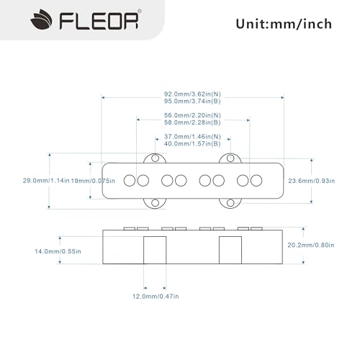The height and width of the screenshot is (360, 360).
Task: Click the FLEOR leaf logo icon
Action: [22, 22]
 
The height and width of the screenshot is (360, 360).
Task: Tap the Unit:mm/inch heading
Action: [283, 24]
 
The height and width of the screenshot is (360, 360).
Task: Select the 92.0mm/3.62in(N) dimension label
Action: [194, 93]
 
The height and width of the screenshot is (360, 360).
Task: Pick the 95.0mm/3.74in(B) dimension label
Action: [194, 102]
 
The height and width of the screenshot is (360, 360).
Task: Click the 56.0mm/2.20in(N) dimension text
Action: [193, 115]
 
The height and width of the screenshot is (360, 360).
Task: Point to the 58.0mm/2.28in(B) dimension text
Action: [193, 124]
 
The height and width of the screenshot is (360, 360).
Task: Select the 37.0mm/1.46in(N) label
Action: [193, 137]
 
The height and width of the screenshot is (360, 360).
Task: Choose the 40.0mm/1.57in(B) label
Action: [193, 145]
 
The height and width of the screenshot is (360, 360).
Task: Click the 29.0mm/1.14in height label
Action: [47, 179]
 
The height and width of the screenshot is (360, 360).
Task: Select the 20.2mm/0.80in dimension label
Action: [328, 246]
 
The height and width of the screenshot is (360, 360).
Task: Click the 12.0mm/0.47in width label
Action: [156, 295]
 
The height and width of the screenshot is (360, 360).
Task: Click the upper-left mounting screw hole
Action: [155, 158]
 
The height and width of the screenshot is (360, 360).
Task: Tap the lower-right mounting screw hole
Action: [230, 202]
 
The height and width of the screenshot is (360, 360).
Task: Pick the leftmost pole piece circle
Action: [130, 179]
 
